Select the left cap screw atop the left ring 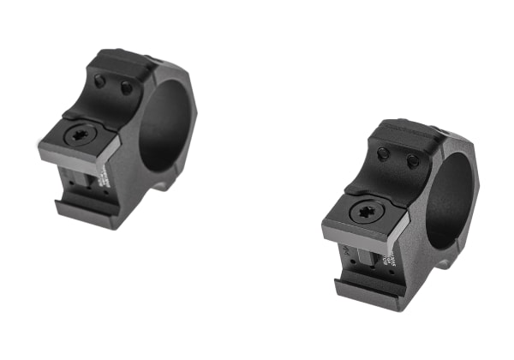[101, 81]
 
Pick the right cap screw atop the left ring [127, 87]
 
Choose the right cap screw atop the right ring [412, 160]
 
